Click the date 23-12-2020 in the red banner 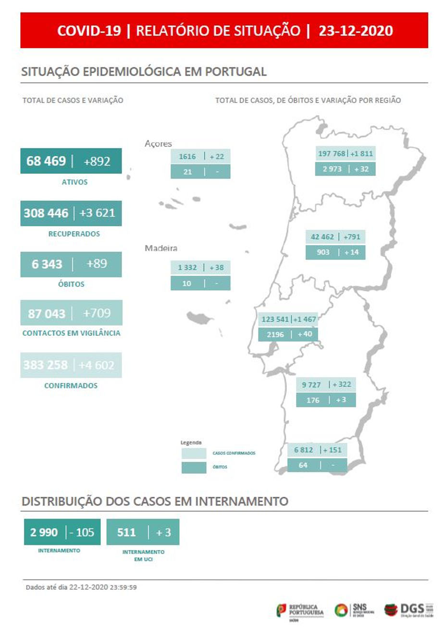356,31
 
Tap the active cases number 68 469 46,161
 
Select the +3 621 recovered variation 98,213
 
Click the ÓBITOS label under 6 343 71,284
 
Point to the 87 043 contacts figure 46,313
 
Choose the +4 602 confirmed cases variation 97,365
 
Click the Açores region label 158,144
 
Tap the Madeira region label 161,248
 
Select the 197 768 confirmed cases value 332,154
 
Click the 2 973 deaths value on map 332,169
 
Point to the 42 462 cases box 322,237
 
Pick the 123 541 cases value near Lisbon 275,319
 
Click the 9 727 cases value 311,385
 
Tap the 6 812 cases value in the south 303,450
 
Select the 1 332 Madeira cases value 187,268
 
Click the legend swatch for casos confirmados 194,453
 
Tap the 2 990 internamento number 44,532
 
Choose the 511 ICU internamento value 126,532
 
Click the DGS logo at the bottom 408,610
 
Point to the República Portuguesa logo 300,611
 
